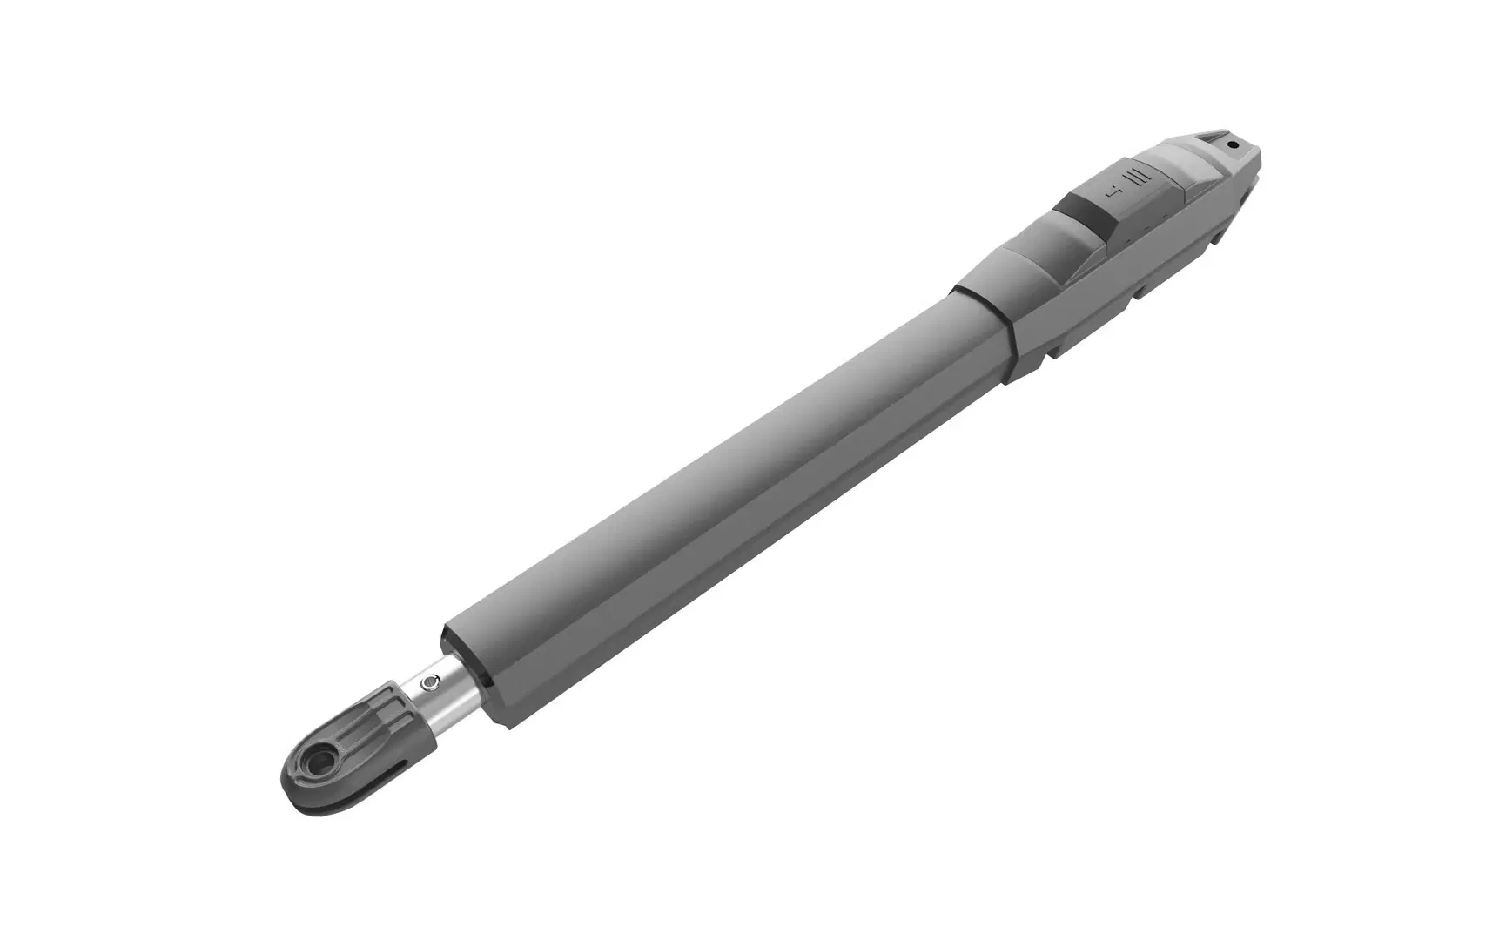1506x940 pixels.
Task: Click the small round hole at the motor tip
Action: pos(1231,145)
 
